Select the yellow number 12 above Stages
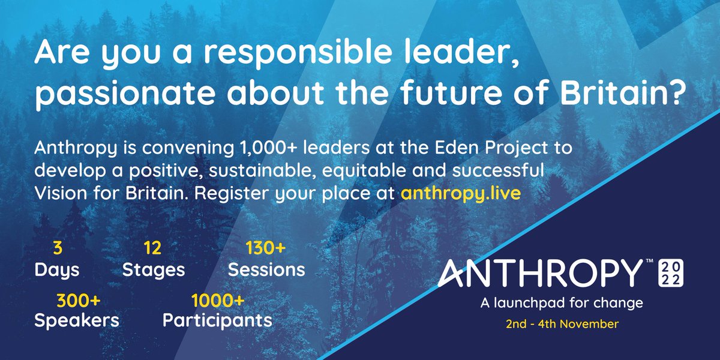pos(152,248)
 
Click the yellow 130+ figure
pos(266,248)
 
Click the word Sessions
pos(266,269)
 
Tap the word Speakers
pos(76,320)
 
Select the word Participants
pos(217,320)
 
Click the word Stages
pos(154,269)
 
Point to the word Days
pos(56,269)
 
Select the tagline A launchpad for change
pos(562,304)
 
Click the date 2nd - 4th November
pos(562,325)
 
